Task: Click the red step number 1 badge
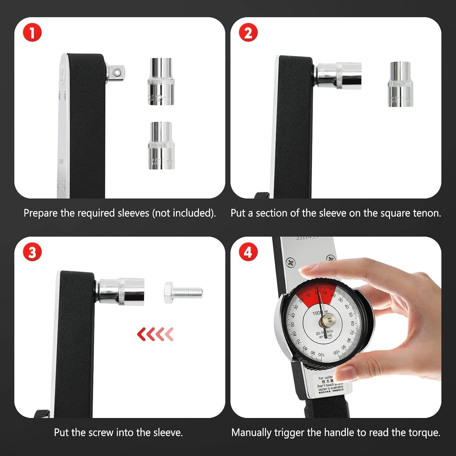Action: (32, 33)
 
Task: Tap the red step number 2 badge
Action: (248, 33)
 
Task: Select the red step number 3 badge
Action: (32, 253)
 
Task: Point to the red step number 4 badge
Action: (248, 253)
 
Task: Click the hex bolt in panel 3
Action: (183, 292)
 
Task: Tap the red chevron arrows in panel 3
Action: (155, 334)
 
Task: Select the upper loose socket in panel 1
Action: (161, 81)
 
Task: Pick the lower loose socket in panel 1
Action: (161, 145)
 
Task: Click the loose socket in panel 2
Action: (400, 84)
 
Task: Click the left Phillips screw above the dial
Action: (291, 262)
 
